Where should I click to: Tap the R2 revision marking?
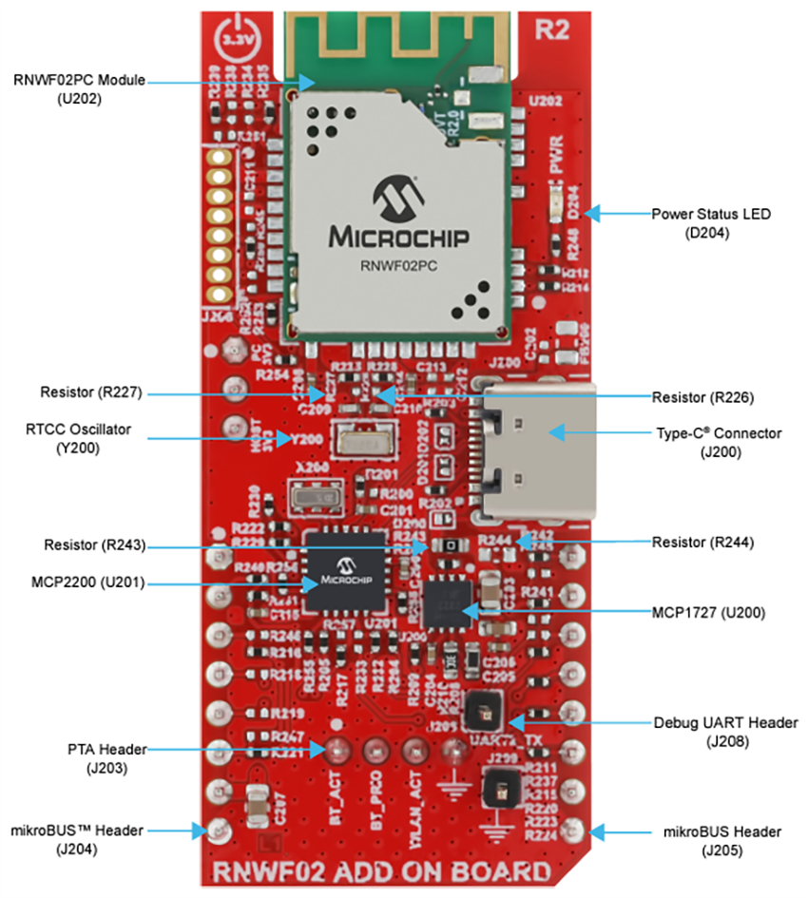pos(551,30)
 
